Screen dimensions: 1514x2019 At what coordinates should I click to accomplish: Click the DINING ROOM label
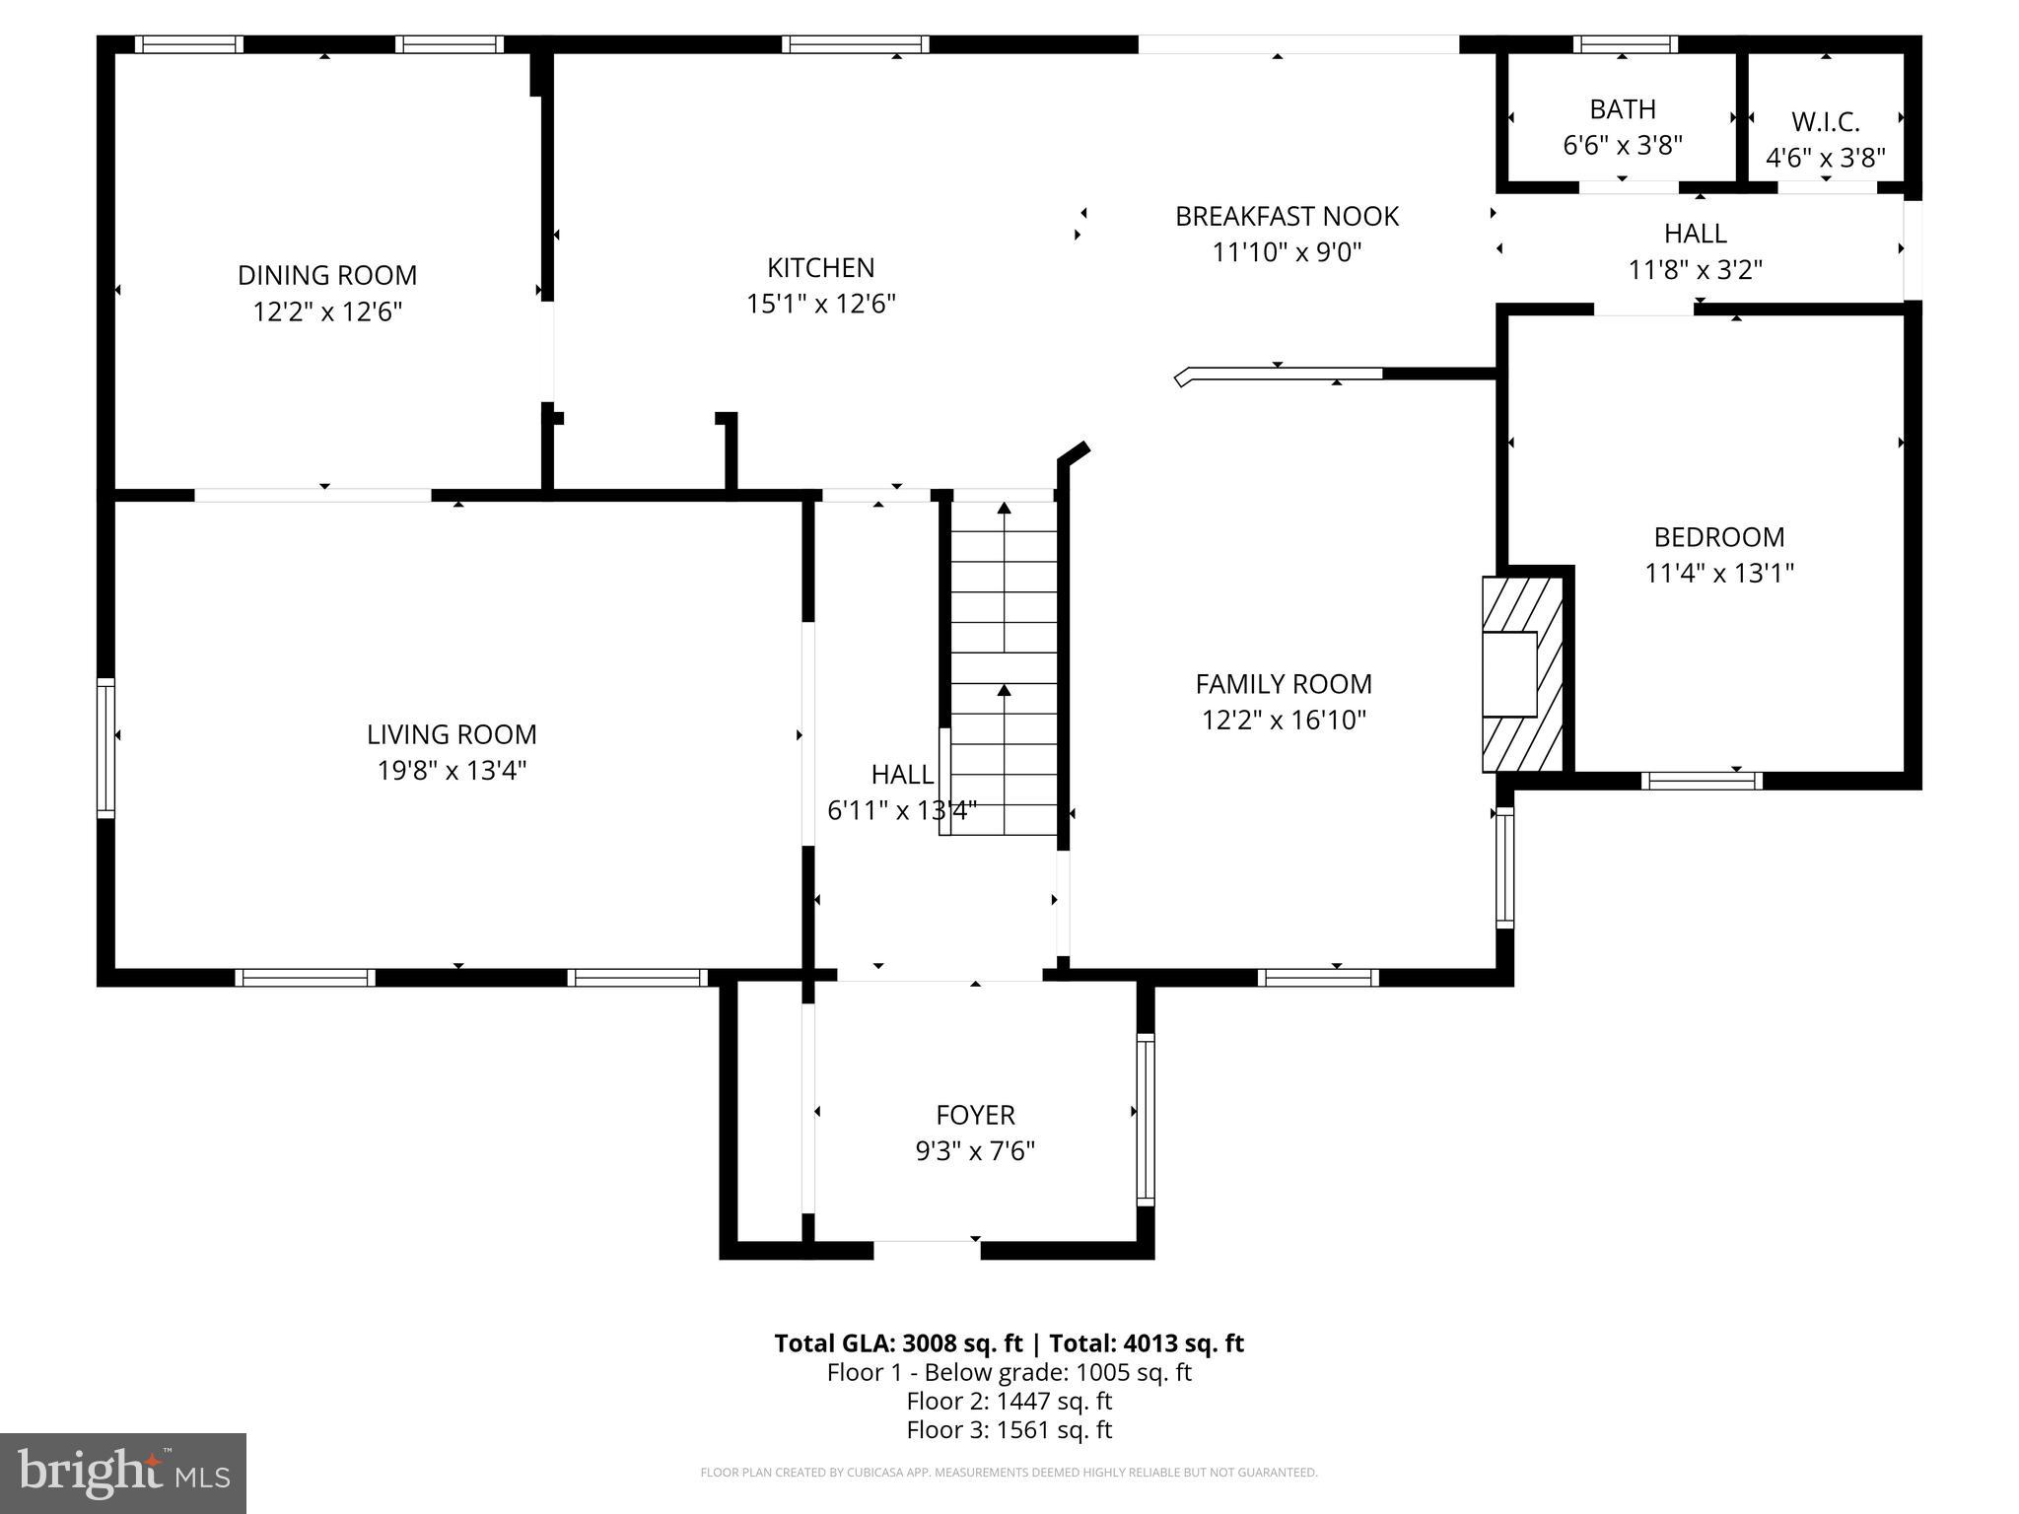(x=327, y=275)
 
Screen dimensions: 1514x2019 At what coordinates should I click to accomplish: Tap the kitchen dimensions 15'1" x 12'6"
(x=821, y=304)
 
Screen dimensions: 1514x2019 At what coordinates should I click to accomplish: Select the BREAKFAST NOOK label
(x=1287, y=216)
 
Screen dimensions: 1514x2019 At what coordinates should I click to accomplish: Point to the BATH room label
(x=1622, y=108)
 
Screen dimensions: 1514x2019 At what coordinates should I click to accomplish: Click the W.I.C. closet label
(x=1825, y=122)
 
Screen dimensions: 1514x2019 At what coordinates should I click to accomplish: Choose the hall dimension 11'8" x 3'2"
(x=1695, y=269)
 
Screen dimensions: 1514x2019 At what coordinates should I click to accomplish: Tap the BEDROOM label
(x=1718, y=537)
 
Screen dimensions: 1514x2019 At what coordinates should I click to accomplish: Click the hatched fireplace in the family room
(x=1522, y=674)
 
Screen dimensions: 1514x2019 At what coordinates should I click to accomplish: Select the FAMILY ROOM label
(x=1284, y=684)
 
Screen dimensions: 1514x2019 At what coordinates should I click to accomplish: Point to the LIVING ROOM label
(x=452, y=734)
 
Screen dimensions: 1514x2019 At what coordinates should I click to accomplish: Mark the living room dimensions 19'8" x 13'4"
(x=452, y=770)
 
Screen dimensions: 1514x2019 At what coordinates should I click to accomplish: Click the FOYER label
(x=975, y=1115)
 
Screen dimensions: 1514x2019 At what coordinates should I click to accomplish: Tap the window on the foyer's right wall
(x=1145, y=1119)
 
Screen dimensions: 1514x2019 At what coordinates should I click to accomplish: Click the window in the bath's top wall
(x=1625, y=44)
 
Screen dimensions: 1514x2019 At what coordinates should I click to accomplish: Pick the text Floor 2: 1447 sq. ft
(x=1009, y=1401)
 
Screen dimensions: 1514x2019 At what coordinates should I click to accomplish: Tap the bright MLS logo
(x=123, y=1473)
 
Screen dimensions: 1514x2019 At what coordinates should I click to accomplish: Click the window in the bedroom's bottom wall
(x=1702, y=781)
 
